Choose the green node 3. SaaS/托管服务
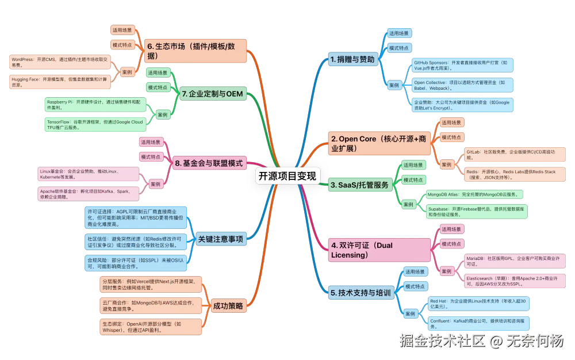click(x=359, y=185)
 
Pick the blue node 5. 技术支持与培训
click(x=361, y=292)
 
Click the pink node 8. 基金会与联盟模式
click(x=210, y=163)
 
